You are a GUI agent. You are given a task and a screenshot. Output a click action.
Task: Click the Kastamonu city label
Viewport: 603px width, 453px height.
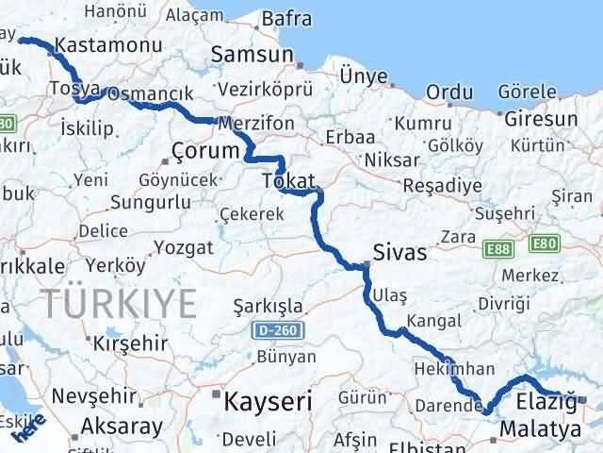98,44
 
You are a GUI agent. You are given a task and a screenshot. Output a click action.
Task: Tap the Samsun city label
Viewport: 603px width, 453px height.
252,55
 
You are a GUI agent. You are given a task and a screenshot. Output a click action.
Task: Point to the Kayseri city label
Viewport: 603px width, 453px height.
268,401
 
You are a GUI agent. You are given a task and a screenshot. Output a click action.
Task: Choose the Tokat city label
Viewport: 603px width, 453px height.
288,179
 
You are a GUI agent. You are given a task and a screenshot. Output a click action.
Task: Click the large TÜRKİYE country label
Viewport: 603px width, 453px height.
119,303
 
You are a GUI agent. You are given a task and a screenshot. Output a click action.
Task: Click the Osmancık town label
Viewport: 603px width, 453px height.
150,94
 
